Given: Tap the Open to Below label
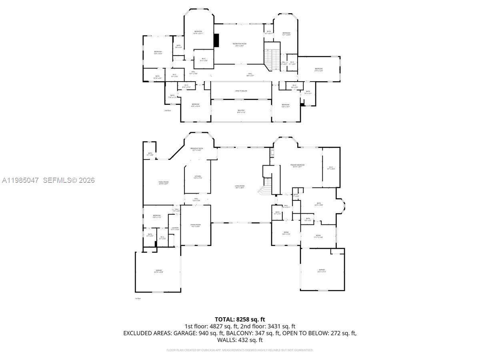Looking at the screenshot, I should (x=241, y=91).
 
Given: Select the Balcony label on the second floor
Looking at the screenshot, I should (x=241, y=111).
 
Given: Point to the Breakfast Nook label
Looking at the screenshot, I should (x=198, y=149).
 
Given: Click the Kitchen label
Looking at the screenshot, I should (x=198, y=177).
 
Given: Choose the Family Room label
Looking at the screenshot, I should (x=163, y=183).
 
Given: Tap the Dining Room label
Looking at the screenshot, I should (x=196, y=226).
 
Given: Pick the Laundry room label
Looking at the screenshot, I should (x=175, y=229).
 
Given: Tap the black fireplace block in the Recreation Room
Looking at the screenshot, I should (x=216, y=40).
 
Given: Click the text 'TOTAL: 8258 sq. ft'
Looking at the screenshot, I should (x=240, y=319).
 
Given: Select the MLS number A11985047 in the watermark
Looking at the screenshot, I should (x=20, y=180).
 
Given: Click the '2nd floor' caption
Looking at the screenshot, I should (x=167, y=110).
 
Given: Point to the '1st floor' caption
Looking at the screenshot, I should (x=138, y=298).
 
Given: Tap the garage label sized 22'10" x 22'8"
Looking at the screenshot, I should (x=159, y=271).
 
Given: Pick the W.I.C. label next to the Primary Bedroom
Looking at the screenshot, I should (x=331, y=168).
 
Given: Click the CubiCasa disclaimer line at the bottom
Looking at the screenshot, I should (x=240, y=350).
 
